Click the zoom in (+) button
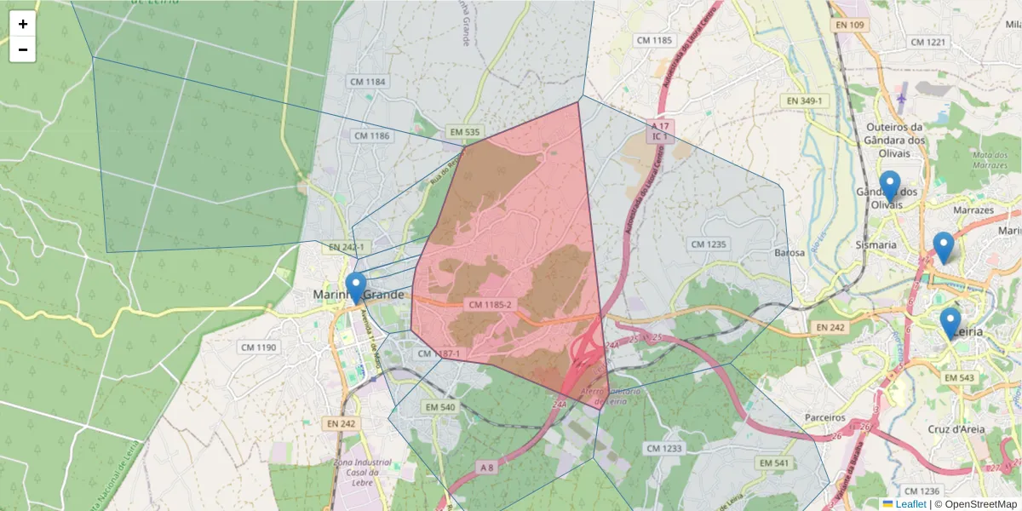[23, 24]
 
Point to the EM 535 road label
[464, 132]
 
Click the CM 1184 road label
[368, 82]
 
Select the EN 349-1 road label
[805, 100]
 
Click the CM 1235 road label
[709, 244]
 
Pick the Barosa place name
[789, 253]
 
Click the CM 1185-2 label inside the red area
[490, 304]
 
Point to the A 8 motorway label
[486, 467]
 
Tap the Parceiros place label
[824, 418]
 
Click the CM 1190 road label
[259, 347]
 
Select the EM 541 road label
[775, 462]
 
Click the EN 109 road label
[849, 26]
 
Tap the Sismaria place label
[876, 244]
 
